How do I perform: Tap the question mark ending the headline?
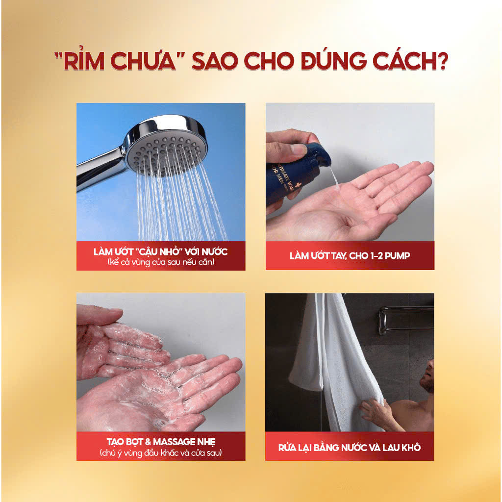click(x=442, y=60)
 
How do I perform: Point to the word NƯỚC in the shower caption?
click(x=214, y=251)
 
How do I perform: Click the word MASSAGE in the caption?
click(x=174, y=442)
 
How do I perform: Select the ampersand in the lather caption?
click(x=148, y=442)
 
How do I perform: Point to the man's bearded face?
click(x=427, y=376)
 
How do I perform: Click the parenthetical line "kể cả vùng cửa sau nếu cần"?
click(x=161, y=262)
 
